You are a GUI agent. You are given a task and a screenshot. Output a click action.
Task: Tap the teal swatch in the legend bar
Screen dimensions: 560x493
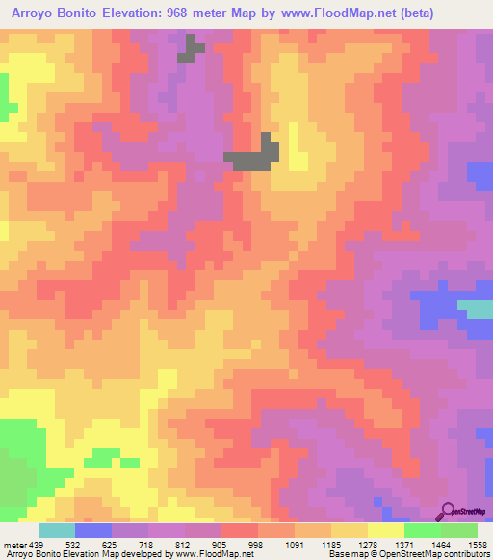click(x=57, y=530)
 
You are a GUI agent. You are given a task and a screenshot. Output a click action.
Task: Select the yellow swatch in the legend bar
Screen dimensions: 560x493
click(x=385, y=530)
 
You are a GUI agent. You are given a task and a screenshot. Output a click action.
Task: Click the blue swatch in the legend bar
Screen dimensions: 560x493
click(x=93, y=530)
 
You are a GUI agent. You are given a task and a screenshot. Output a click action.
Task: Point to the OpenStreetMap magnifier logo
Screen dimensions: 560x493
click(x=447, y=512)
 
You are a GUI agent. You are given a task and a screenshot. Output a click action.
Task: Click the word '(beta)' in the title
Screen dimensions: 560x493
click(x=411, y=13)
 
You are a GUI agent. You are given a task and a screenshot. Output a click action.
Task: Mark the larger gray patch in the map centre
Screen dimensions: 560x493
click(x=256, y=155)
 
